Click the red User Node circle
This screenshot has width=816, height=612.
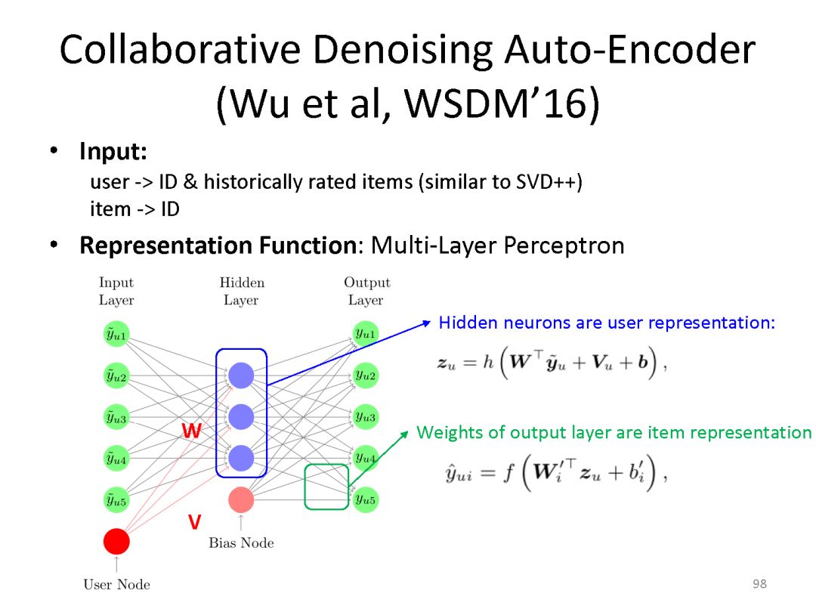tap(116, 541)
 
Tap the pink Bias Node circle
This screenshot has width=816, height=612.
tap(241, 499)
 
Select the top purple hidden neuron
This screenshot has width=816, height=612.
tap(241, 376)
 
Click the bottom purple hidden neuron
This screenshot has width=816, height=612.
tap(241, 457)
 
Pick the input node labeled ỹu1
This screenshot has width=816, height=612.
tap(116, 334)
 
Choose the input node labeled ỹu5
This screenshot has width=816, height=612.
tap(116, 499)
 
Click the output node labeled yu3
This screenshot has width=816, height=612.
tap(366, 416)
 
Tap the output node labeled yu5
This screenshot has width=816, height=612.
tap(366, 499)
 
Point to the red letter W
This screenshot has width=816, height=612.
tap(192, 431)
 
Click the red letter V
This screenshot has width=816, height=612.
tap(194, 522)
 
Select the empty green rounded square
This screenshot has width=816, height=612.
tap(326, 487)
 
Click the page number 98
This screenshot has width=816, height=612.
tap(760, 584)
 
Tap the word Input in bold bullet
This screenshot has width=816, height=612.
tap(113, 152)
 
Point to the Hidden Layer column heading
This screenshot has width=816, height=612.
tap(242, 291)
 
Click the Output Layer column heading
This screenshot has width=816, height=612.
tap(366, 291)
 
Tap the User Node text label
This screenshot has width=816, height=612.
tap(116, 584)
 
